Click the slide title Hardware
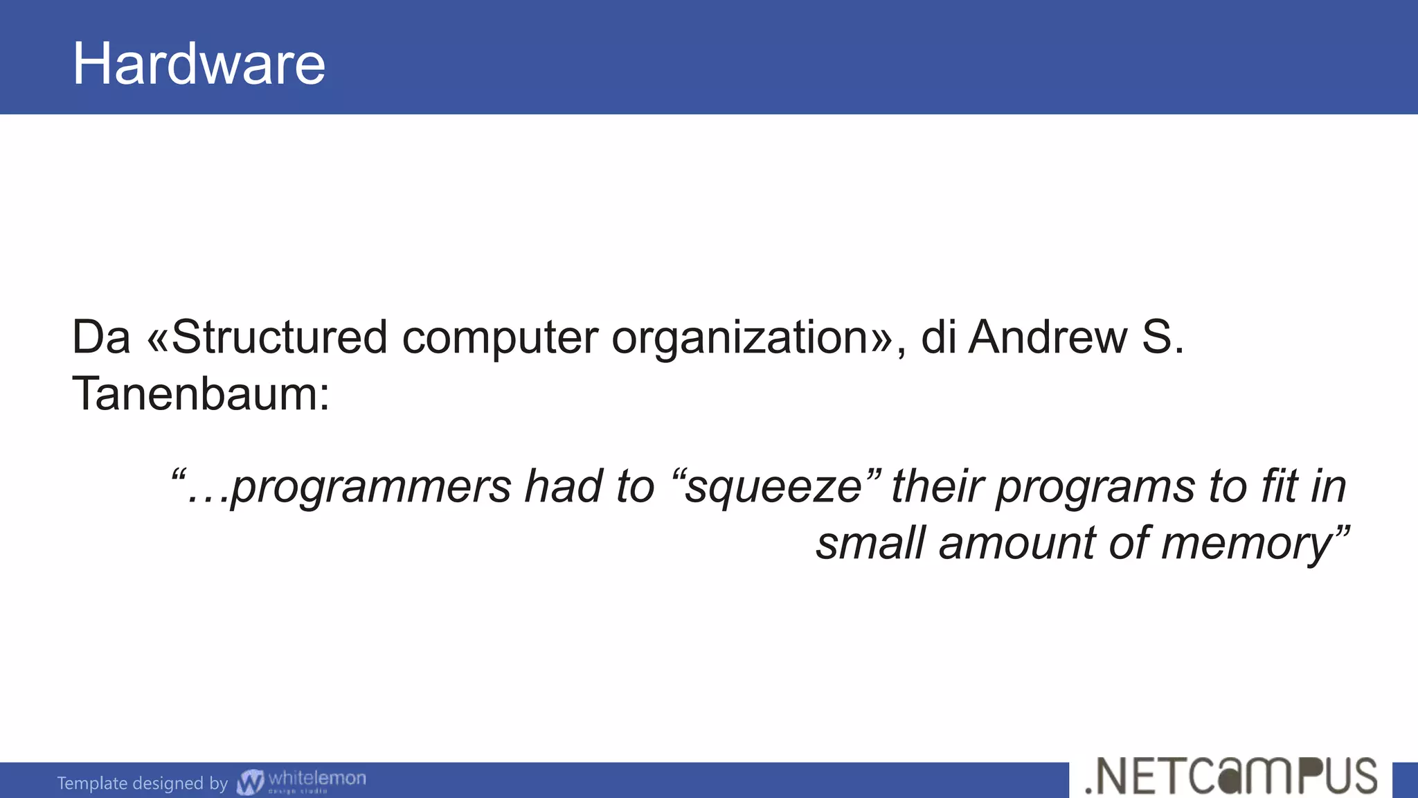coord(199,64)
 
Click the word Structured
coord(279,337)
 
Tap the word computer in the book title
coord(499,339)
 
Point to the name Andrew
coord(1048,337)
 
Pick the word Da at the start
coord(101,337)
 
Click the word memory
coord(1246,544)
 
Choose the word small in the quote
coord(870,543)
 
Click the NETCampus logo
coord(1231,777)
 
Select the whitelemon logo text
coord(316,779)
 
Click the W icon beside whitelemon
coord(250,782)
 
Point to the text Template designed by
coord(142,783)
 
